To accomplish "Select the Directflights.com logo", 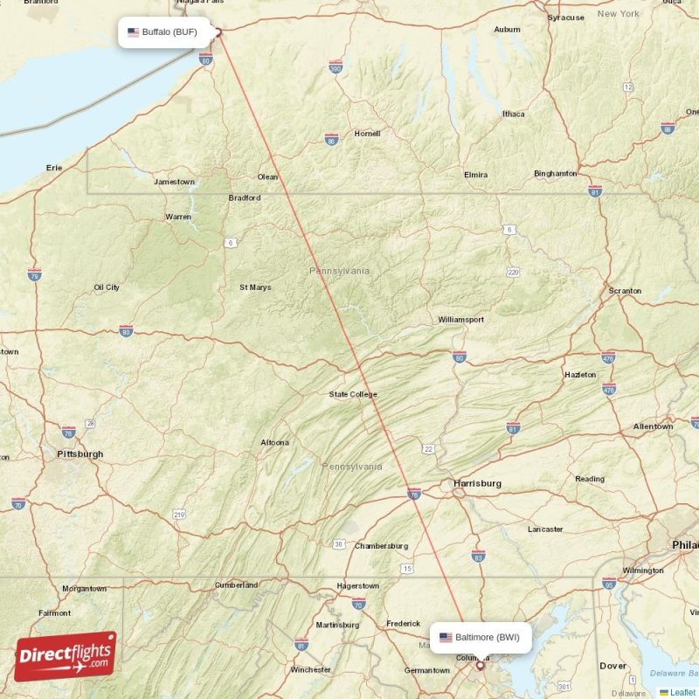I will coord(66,656).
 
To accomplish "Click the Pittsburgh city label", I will coord(80,454).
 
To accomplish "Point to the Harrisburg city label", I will coord(477,483).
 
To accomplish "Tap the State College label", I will coord(353,395).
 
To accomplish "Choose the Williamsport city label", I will coord(460,320).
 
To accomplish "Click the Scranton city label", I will coord(625,291).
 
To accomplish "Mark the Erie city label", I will coord(55,168).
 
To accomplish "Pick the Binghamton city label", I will coord(555,174).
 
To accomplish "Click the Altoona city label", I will coord(274,443).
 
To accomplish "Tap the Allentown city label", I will coord(654,426).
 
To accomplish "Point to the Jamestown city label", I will coord(174,182).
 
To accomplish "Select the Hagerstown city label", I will coord(358,585).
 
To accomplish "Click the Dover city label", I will coord(612,666).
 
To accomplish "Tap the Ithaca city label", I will coord(513,114).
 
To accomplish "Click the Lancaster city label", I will coord(545,529).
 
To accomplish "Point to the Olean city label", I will coord(267,177).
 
